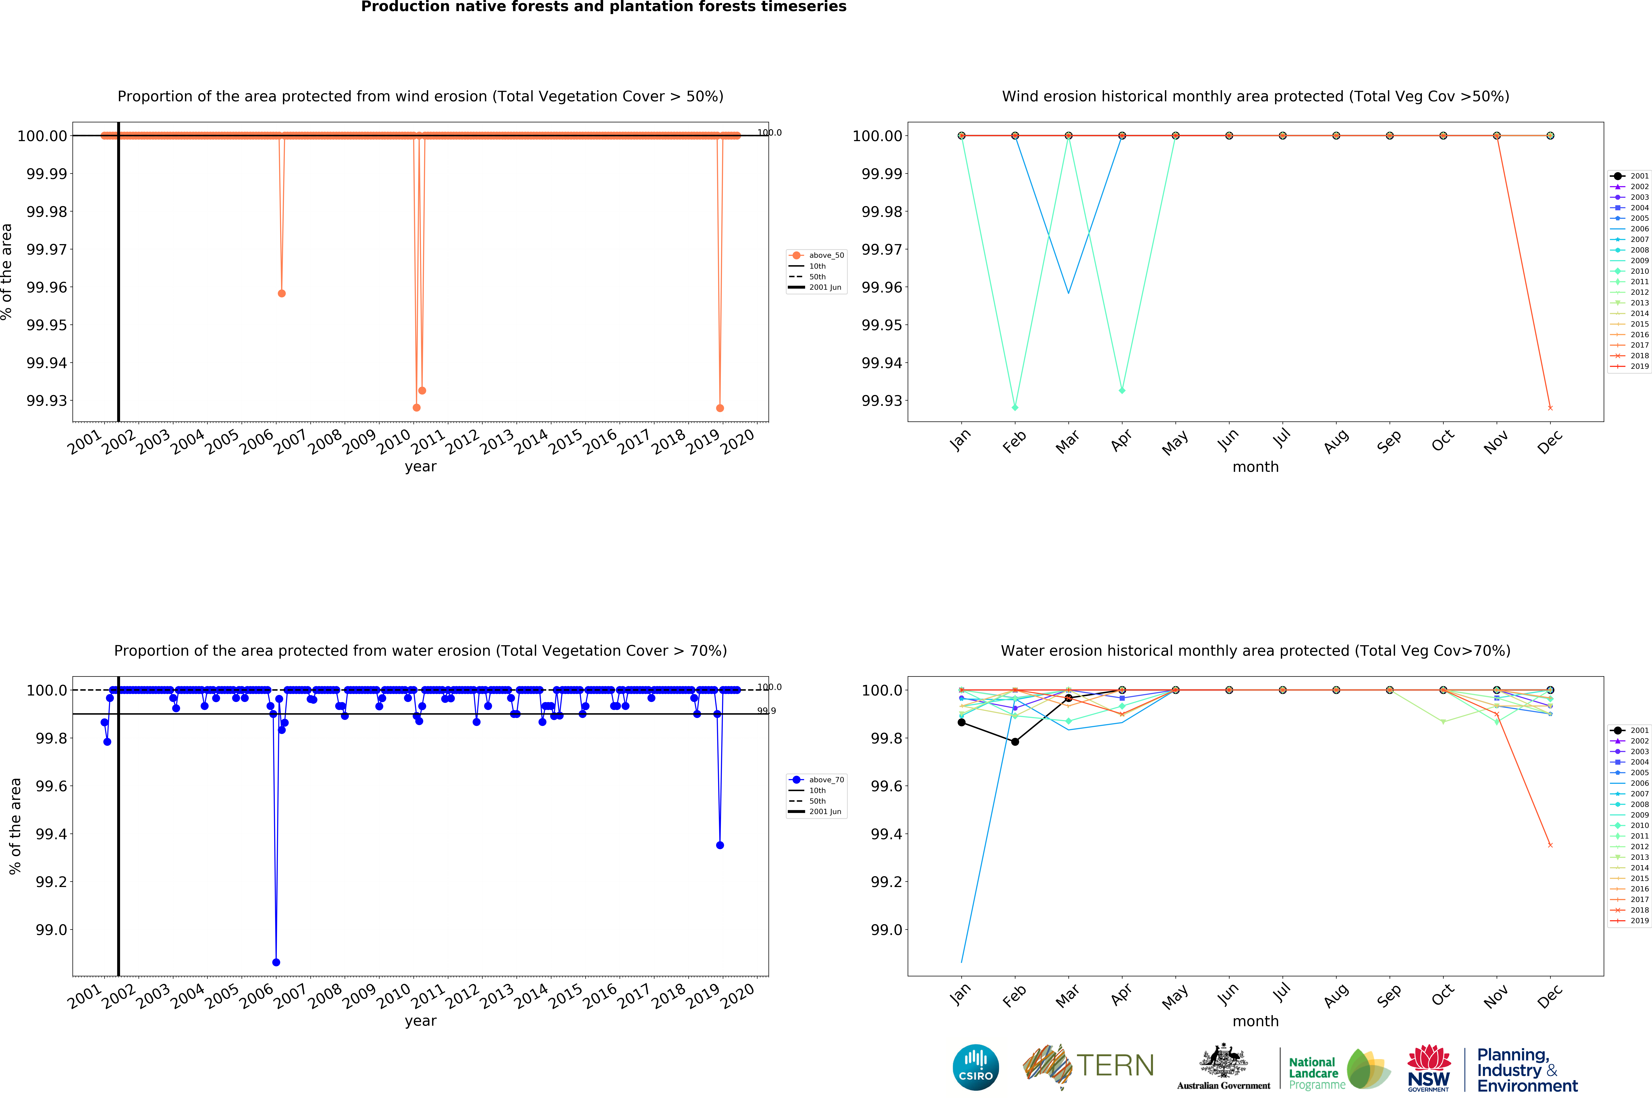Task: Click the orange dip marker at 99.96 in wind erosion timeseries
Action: [282, 293]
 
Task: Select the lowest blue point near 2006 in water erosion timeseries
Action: [276, 962]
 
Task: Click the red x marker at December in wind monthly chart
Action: [1550, 408]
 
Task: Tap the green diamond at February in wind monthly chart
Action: [1015, 408]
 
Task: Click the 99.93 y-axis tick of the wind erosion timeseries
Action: [47, 401]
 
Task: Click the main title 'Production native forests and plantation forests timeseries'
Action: [604, 7]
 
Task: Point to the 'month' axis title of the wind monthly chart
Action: [1256, 466]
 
